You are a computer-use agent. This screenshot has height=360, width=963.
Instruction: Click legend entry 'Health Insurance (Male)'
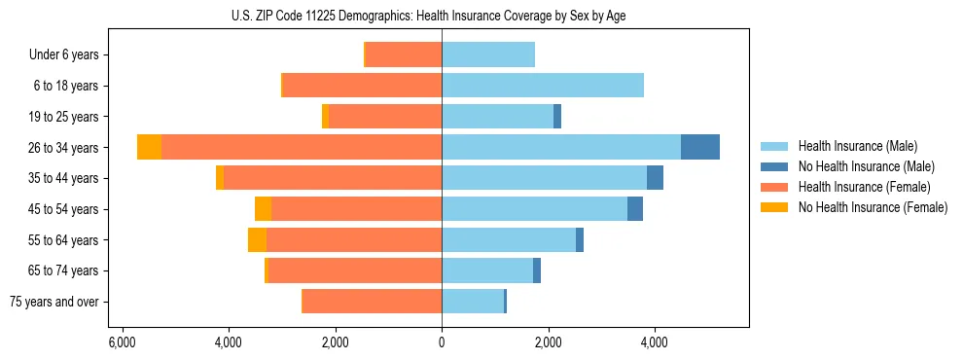(857, 146)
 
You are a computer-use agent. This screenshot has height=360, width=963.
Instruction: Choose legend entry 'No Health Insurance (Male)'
(865, 166)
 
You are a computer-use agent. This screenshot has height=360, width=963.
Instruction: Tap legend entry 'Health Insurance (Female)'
(864, 187)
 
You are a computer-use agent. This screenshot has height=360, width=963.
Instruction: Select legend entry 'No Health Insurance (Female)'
(872, 207)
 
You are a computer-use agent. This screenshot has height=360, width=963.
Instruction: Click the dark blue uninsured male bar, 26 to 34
(699, 147)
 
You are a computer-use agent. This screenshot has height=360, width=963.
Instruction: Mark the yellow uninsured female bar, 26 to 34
(149, 147)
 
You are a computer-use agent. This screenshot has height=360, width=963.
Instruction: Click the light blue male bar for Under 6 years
(488, 55)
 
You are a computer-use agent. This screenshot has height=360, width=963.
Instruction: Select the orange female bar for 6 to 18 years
(362, 86)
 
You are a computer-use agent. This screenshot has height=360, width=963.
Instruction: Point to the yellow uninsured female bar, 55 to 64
(257, 240)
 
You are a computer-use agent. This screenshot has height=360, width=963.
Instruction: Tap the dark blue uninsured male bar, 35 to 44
(655, 178)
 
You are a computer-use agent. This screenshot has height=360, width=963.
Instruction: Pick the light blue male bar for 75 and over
(473, 302)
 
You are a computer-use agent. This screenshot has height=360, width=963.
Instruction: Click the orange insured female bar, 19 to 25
(385, 117)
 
